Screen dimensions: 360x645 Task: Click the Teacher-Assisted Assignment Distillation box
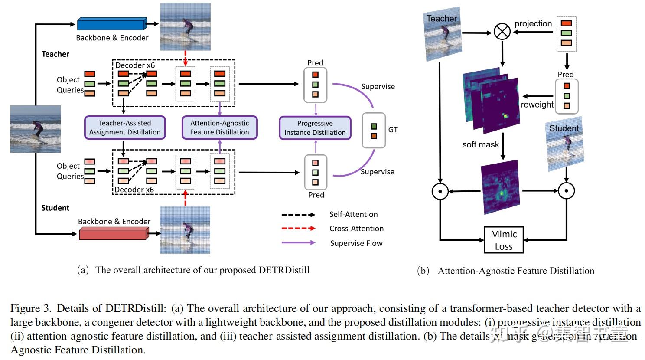pos(125,128)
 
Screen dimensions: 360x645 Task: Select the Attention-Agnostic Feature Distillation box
pos(219,128)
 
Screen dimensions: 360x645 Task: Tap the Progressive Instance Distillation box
pos(315,128)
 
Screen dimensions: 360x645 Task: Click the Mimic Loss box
pos(504,240)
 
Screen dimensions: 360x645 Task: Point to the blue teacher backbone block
pos(111,24)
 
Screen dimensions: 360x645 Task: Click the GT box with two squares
pos(374,131)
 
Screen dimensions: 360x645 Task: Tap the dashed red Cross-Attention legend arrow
pos(298,229)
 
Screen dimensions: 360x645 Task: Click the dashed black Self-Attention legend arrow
pos(298,215)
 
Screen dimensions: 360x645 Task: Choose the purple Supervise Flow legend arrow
pos(298,243)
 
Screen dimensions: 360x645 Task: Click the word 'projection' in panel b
pos(533,24)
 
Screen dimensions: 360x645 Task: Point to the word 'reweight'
pos(537,105)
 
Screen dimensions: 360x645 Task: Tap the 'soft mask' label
pos(480,144)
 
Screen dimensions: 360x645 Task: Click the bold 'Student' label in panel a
pos(55,208)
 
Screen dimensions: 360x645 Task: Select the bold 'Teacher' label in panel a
pos(55,54)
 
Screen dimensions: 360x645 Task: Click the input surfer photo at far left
pos(36,129)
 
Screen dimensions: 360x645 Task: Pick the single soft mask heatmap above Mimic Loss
pos(501,187)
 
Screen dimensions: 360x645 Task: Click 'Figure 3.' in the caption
pos(31,308)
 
